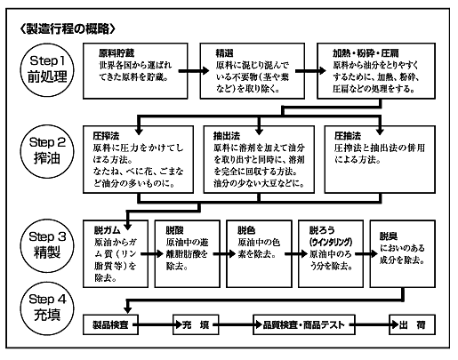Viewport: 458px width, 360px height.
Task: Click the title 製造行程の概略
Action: pyautogui.click(x=68, y=29)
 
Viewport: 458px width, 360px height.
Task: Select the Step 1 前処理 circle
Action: pyautogui.click(x=47, y=70)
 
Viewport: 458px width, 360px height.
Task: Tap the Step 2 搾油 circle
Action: pyautogui.click(x=47, y=151)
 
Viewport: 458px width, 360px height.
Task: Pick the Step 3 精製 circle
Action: pyautogui.click(x=47, y=245)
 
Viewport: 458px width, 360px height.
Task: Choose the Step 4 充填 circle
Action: pyautogui.click(x=47, y=308)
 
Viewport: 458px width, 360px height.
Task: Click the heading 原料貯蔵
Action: pyautogui.click(x=117, y=53)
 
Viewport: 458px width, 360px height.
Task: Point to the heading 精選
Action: pyautogui.click(x=224, y=53)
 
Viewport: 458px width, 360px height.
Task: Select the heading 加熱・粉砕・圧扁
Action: pyautogui.click(x=366, y=53)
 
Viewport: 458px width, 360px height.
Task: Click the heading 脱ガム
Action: pyautogui.click(x=108, y=230)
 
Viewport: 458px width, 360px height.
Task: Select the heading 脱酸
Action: pyautogui.click(x=174, y=230)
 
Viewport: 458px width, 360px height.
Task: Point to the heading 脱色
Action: pyautogui.click(x=246, y=230)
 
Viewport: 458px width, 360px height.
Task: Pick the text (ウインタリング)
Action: pyautogui.click(x=331, y=242)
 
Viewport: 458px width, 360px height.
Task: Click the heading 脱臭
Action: pyautogui.click(x=389, y=236)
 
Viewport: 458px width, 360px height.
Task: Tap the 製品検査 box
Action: pyautogui.click(x=110, y=324)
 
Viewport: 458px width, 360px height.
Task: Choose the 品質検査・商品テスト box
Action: pyautogui.click(x=304, y=324)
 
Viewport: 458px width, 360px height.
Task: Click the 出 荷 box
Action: pyautogui.click(x=412, y=324)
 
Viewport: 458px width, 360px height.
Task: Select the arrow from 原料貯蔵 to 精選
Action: pyautogui.click(x=194, y=71)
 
